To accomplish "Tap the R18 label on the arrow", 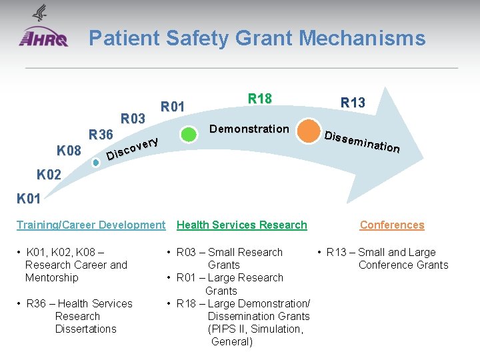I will click(259, 99).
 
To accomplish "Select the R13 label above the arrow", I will click(353, 103).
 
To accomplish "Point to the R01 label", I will click(173, 106).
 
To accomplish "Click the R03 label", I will click(133, 119).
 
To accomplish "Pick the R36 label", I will click(101, 135).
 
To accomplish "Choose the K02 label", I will click(49, 175).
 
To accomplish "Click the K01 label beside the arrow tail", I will click(29, 198).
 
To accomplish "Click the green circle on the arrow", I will click(189, 134).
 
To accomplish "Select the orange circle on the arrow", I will click(309, 131).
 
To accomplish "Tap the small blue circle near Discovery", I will click(96, 162).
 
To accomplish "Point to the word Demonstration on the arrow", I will click(249, 129).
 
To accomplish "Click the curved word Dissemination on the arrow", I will click(362, 141).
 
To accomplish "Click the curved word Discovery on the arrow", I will click(133, 149).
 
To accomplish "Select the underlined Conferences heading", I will click(391, 225).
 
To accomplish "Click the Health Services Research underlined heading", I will click(241, 225).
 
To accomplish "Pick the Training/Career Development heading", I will click(91, 225).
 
